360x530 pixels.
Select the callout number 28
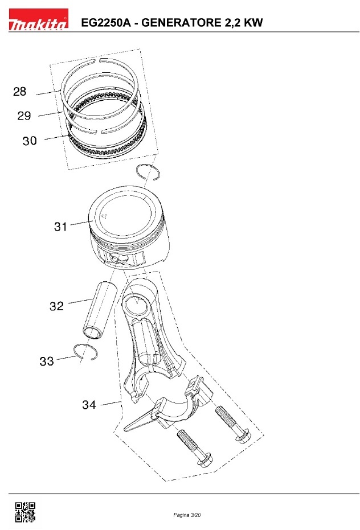coord(19,91)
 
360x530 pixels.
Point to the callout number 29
coord(24,116)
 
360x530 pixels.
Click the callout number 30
coord(30,141)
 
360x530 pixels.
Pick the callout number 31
coord(60,227)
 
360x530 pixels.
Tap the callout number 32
coord(56,306)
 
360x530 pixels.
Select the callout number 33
coord(47,361)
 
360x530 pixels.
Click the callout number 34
coord(89,405)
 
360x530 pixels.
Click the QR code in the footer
coord(25,512)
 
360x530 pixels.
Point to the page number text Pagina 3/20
coord(187,515)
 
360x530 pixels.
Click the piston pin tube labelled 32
coord(100,309)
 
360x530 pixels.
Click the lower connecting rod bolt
coord(195,448)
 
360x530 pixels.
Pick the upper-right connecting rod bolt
coord(233,425)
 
